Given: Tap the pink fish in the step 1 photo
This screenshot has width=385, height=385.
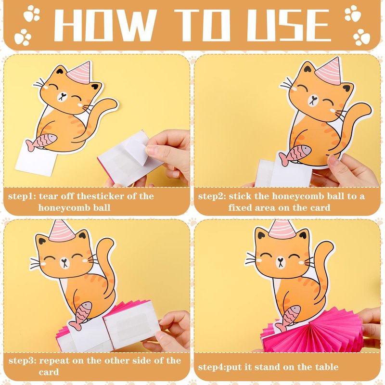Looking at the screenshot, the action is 41,142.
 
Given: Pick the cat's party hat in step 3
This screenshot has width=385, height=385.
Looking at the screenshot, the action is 62,231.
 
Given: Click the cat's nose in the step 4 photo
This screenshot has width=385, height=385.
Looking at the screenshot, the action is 280,259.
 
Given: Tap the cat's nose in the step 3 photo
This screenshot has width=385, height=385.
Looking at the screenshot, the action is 64,260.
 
